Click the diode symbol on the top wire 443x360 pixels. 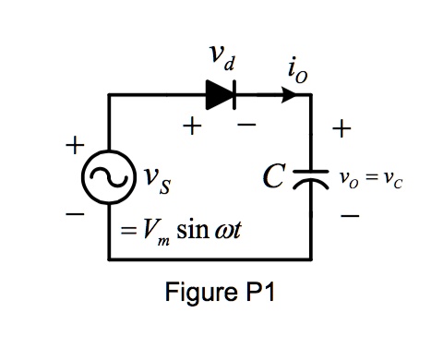[221, 93]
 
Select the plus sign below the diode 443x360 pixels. [192, 127]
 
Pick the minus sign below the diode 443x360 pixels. [246, 127]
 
